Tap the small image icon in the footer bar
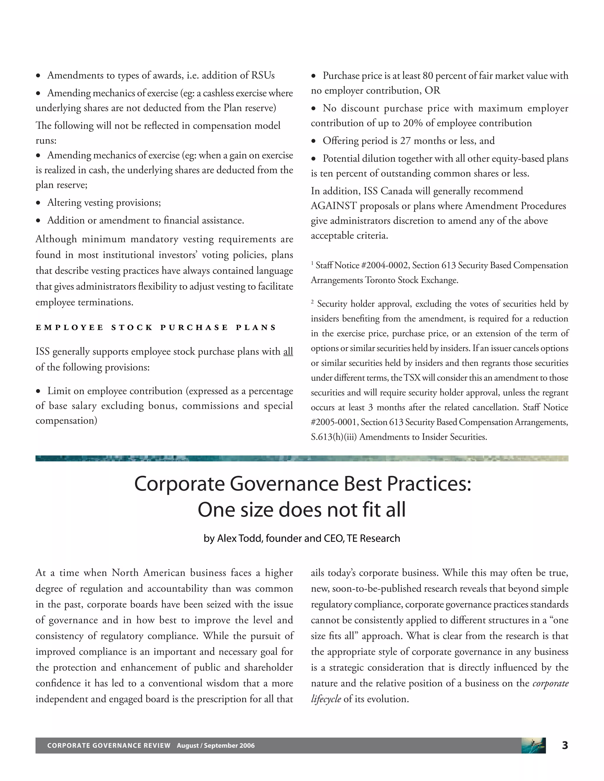point(533,746)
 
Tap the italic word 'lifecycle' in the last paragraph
point(326,699)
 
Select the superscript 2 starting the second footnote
point(312,302)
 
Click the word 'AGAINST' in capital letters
point(334,206)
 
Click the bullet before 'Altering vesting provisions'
point(38,203)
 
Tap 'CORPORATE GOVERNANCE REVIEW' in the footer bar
point(109,746)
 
